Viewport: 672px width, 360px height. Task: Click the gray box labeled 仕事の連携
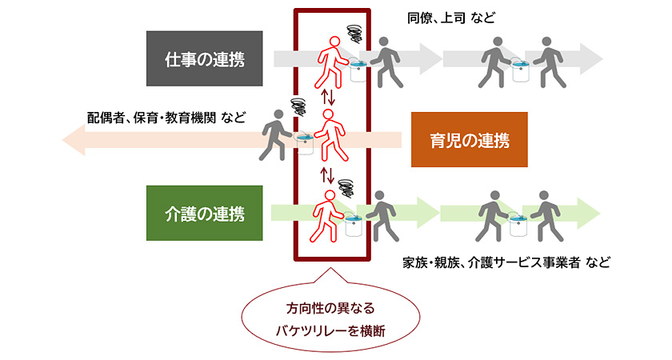click(x=204, y=58)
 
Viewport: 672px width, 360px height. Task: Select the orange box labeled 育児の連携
click(x=470, y=139)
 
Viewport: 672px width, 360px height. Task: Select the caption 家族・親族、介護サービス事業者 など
click(x=506, y=262)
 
